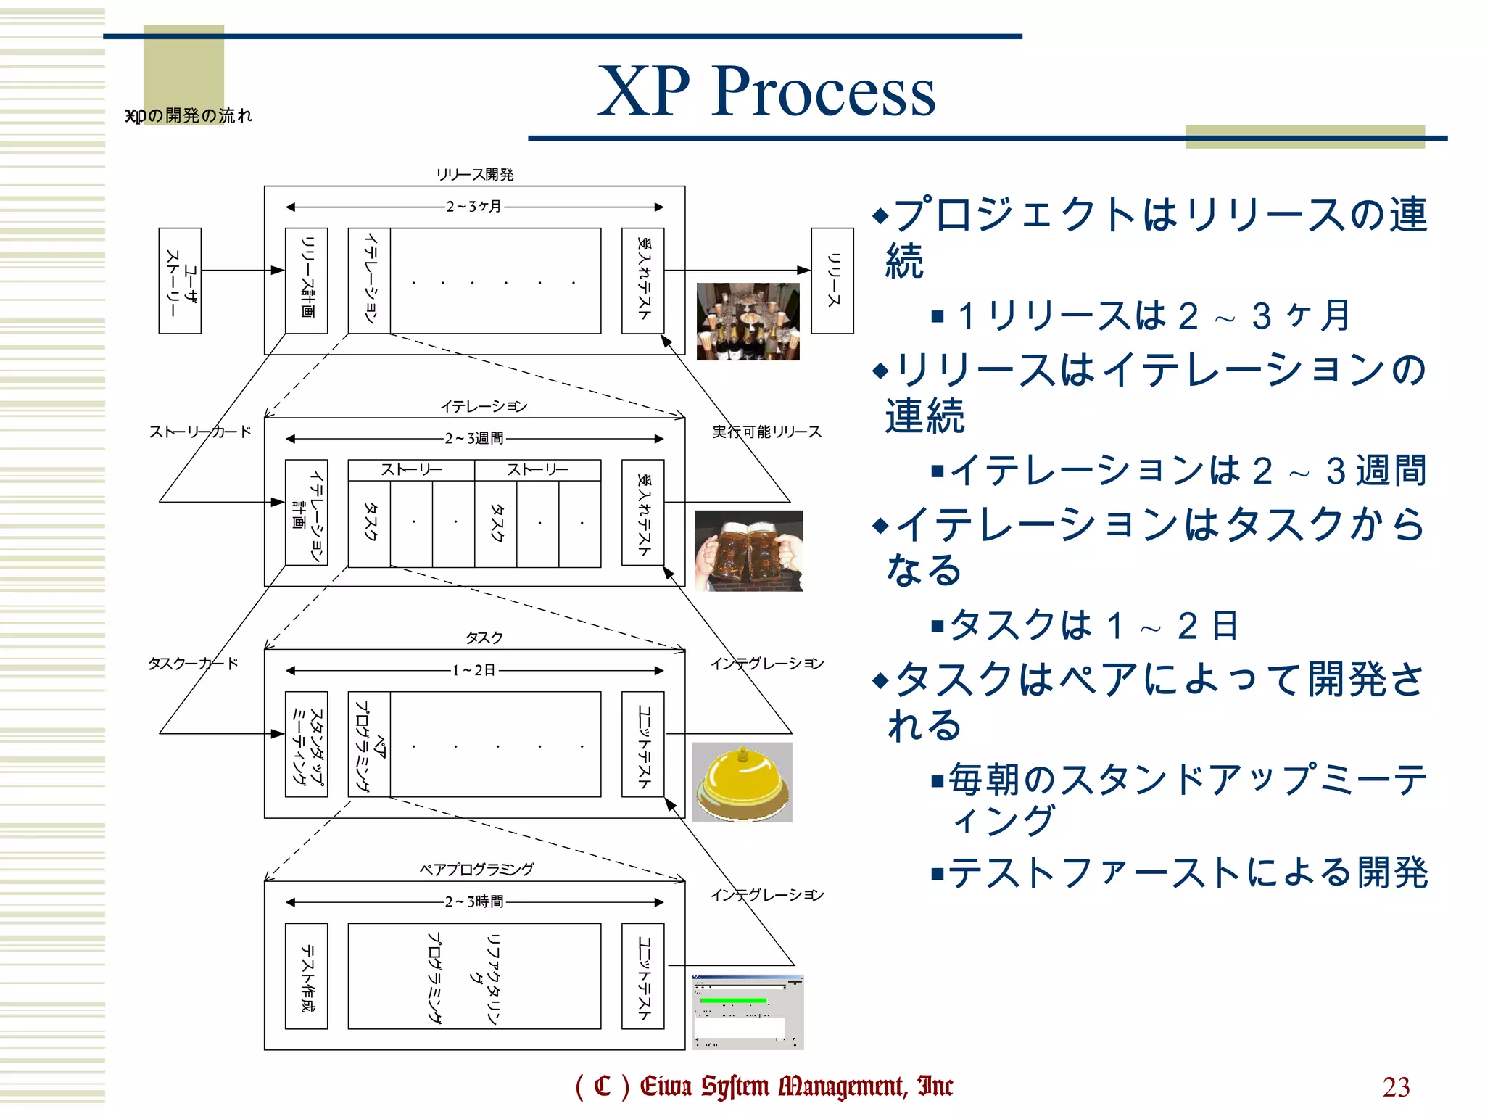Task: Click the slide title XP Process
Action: point(766,91)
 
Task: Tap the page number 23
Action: point(1396,1086)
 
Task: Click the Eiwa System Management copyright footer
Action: point(764,1086)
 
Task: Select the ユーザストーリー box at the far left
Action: point(180,281)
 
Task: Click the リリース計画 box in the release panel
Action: point(306,281)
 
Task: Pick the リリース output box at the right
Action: point(832,281)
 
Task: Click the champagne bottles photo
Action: point(748,321)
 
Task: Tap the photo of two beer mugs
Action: point(748,550)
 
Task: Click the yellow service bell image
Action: point(742,782)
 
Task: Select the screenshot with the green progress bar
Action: point(748,1012)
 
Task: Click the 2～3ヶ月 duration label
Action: point(473,207)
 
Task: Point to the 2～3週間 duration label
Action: point(473,438)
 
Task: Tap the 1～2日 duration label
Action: point(473,670)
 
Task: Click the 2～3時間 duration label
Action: point(473,901)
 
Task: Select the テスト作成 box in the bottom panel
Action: point(306,975)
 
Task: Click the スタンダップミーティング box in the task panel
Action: point(306,744)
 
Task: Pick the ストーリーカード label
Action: point(199,432)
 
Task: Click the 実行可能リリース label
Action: point(766,432)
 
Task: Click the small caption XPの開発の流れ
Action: point(189,116)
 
